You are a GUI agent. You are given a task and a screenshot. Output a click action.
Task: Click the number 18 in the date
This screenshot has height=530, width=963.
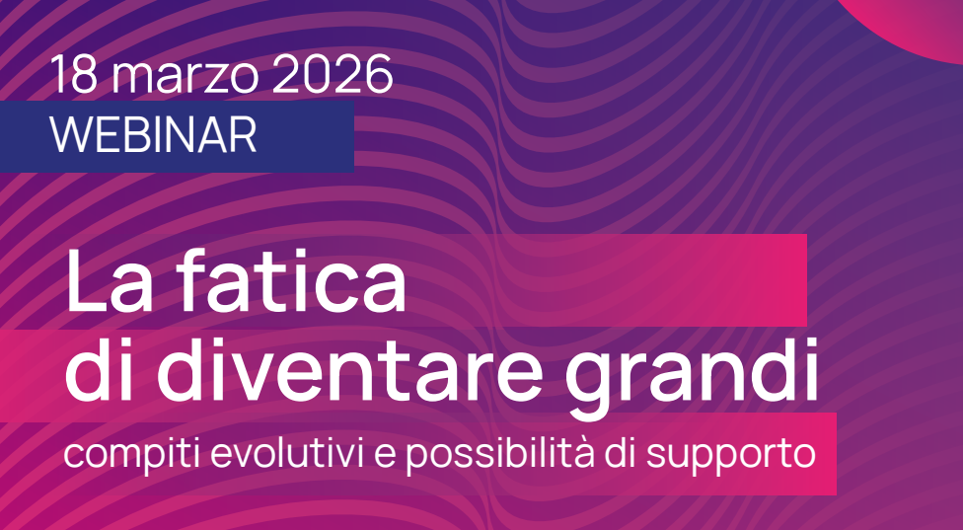pos(73,76)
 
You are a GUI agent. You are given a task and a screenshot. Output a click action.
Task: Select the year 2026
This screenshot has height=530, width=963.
pos(331,76)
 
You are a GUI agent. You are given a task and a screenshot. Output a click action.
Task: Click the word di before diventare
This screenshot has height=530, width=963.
pos(104,375)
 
